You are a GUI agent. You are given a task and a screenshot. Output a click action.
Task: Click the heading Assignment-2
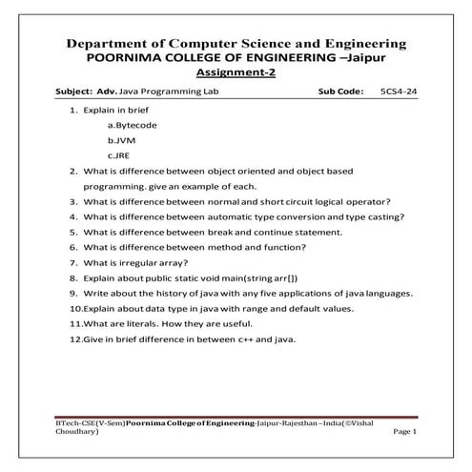(x=236, y=72)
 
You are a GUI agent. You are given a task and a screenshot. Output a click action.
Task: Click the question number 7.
(x=73, y=262)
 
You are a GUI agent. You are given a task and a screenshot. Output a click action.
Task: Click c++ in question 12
(x=247, y=339)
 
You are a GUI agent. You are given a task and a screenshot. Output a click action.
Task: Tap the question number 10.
(x=75, y=308)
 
